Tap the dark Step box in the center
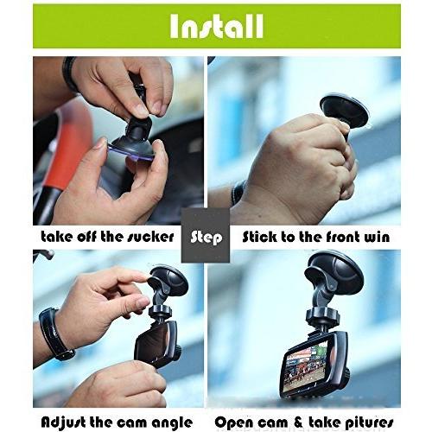click(x=206, y=235)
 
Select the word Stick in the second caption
click(x=264, y=236)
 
